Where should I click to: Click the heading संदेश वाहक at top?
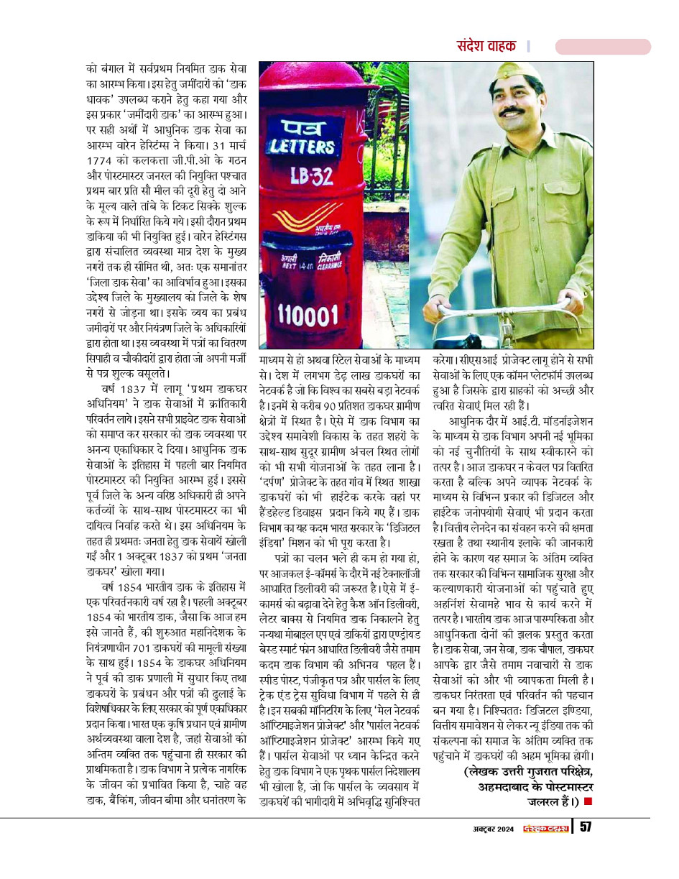[x=486, y=46]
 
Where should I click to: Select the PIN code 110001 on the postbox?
[x=308, y=314]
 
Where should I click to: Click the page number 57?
[x=586, y=827]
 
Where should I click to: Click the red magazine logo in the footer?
[x=545, y=828]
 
